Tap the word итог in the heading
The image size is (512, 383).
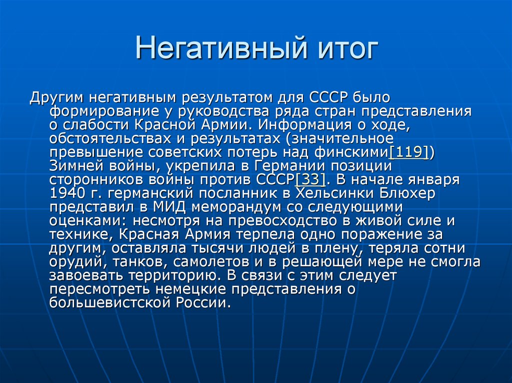(x=346, y=50)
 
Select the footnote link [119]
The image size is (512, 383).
(x=408, y=152)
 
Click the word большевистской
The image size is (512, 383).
(x=107, y=303)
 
